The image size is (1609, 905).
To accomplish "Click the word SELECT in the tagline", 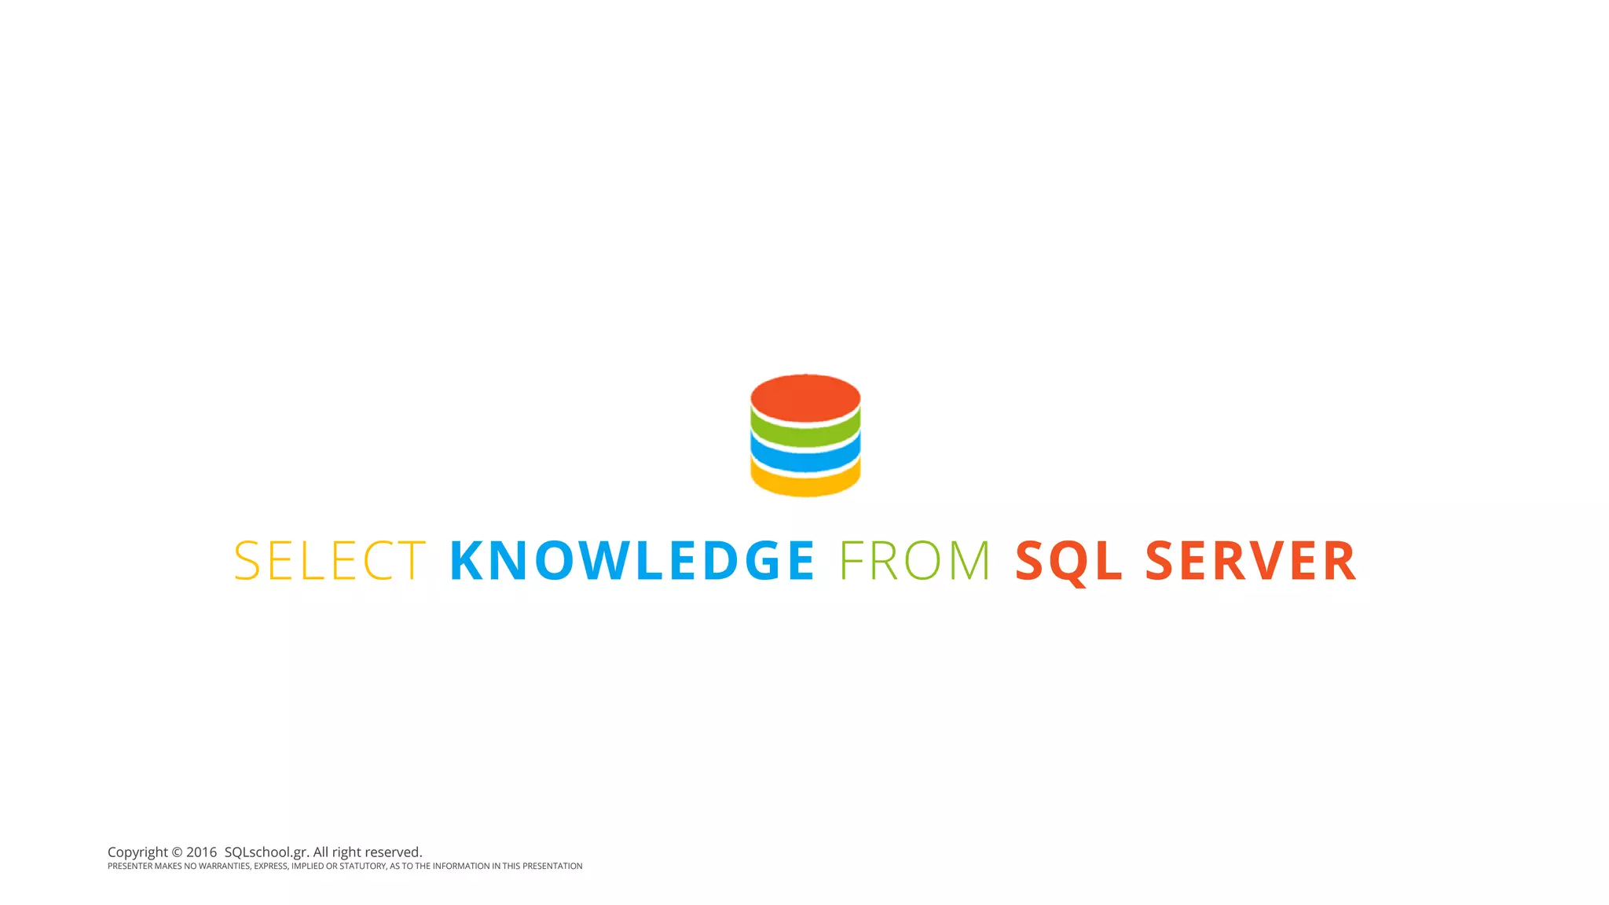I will click(330, 561).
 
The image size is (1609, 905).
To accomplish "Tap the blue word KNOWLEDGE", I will click(632, 561).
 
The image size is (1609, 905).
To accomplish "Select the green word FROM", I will click(915, 561).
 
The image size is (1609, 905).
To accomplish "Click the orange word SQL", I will click(1068, 561).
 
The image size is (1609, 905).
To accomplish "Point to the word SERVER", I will click(1251, 561).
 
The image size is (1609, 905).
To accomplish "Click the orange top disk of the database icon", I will click(805, 397).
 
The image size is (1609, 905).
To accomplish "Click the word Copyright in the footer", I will click(137, 852).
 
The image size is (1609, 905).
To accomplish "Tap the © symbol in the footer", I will click(177, 852).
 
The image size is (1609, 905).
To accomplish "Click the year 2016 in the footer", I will click(201, 852).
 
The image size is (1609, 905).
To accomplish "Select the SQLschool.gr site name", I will click(266, 852).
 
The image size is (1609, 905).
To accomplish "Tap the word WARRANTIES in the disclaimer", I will click(224, 867).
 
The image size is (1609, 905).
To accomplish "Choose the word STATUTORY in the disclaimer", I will click(362, 867).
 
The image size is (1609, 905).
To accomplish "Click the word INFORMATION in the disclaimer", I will click(461, 867).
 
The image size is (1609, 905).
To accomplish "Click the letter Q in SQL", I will click(1068, 562).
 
